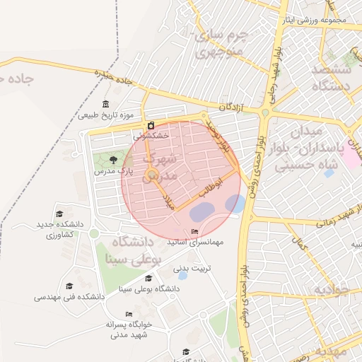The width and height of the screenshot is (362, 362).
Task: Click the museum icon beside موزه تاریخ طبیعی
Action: (106, 104)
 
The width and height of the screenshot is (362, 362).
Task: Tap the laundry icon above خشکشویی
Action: (151, 125)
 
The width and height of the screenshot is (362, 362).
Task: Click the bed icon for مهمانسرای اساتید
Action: (195, 232)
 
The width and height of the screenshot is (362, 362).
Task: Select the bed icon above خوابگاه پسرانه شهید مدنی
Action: (129, 314)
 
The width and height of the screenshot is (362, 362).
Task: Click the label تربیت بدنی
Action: (192, 268)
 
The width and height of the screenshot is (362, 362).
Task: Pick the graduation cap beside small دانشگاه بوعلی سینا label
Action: (157, 288)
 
